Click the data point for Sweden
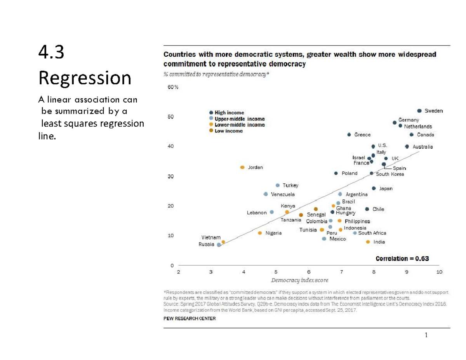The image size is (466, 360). point(419,111)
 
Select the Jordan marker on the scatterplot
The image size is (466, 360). point(242,167)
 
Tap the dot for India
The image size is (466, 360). point(368,242)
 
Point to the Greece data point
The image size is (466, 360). point(349,135)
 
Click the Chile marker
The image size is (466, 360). point(367,209)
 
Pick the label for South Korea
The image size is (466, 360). point(390,174)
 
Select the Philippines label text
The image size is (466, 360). point(357,221)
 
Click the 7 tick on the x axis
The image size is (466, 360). point(341,272)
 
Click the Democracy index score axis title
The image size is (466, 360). point(299,280)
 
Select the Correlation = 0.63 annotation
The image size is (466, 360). point(402,258)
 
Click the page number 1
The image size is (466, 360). point(426,335)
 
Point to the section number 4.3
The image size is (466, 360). point(51,53)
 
